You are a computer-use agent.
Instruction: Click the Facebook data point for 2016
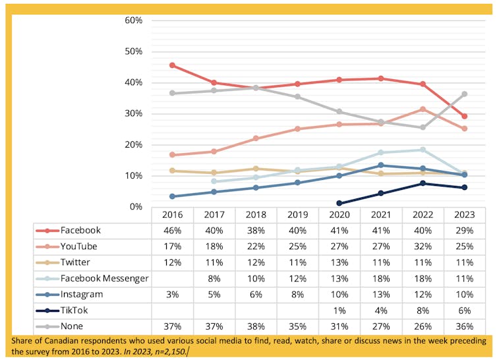[172, 65]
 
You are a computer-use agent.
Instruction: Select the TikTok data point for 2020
[339, 204]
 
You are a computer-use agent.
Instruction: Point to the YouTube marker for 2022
[423, 109]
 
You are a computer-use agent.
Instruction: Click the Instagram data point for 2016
[172, 196]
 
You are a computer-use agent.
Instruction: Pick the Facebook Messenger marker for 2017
[214, 181]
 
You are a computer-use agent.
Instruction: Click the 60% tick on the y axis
[134, 20]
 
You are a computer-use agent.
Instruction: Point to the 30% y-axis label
[134, 113]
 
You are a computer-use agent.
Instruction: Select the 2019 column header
[297, 215]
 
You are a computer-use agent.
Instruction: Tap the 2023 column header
[465, 215]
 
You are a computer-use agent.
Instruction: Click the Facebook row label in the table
[80, 231]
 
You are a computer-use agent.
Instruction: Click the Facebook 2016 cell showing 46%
[172, 231]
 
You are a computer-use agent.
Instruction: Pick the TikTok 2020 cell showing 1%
[339, 309]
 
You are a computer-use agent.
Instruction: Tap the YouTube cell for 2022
[423, 247]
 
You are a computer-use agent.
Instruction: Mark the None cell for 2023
[465, 325]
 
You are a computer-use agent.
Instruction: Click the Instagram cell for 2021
[381, 293]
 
